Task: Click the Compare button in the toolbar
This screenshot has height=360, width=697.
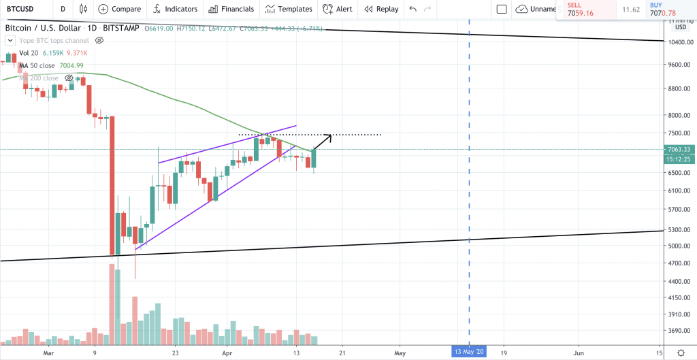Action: click(x=119, y=9)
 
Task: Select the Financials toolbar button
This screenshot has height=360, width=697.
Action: click(x=231, y=9)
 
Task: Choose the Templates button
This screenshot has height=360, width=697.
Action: click(x=289, y=9)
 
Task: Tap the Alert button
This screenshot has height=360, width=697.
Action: click(x=338, y=9)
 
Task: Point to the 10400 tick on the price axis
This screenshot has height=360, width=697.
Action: click(x=680, y=42)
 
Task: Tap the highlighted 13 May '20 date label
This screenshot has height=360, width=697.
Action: click(x=470, y=352)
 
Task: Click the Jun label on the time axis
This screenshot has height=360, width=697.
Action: click(x=579, y=353)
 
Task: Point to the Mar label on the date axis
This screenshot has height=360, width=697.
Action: click(x=48, y=353)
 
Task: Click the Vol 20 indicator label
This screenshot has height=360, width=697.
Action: click(x=29, y=53)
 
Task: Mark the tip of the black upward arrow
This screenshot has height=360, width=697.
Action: click(x=331, y=135)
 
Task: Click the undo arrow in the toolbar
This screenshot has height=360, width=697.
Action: click(x=412, y=9)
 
